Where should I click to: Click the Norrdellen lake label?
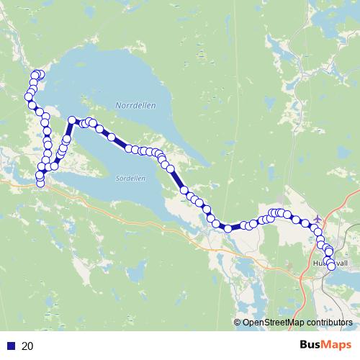[135, 105]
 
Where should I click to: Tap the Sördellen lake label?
[130, 178]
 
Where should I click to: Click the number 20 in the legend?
[28, 346]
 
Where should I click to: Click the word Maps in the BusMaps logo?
[336, 345]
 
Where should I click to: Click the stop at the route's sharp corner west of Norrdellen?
[72, 120]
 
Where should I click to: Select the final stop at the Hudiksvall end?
[331, 266]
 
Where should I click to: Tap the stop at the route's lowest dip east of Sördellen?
[228, 228]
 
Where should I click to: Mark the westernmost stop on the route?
[28, 96]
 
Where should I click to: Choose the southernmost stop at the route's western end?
[40, 183]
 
